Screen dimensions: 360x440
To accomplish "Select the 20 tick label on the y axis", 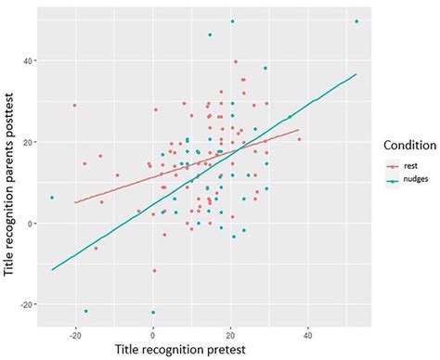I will click(x=29, y=142).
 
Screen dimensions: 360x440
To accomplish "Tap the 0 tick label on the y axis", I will click(x=32, y=224).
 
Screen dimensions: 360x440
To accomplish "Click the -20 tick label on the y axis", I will click(x=28, y=304).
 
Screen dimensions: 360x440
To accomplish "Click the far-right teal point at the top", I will click(x=356, y=21).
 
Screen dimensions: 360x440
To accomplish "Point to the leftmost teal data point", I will click(x=52, y=198).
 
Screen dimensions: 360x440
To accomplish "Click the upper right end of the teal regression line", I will click(x=356, y=74).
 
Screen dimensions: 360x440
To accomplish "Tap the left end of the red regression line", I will click(x=75, y=202).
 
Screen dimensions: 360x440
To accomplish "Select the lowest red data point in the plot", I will click(x=154, y=271).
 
